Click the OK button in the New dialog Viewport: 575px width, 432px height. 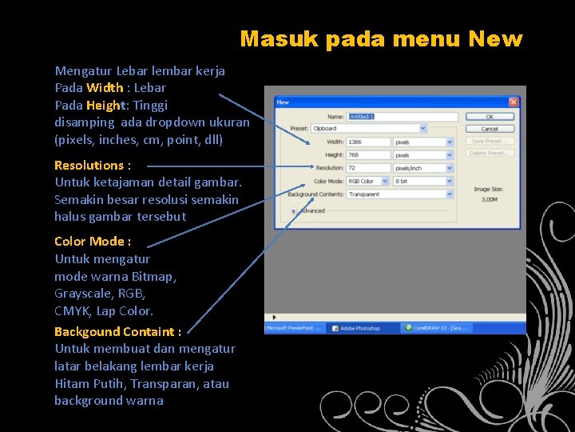point(490,117)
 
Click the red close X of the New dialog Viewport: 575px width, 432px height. point(514,102)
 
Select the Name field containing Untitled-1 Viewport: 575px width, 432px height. point(402,117)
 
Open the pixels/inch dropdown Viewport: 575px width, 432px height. point(423,168)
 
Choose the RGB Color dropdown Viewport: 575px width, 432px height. point(368,181)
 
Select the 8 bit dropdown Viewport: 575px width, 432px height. point(423,181)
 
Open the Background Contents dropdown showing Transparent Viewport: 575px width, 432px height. point(395,194)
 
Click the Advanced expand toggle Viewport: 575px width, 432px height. point(293,210)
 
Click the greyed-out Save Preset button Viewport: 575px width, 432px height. point(490,141)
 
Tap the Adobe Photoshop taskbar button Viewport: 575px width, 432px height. point(359,328)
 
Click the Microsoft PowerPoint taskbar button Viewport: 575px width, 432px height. point(293,328)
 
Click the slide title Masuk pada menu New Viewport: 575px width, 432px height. point(381,38)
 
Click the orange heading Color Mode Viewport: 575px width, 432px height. point(93,241)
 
